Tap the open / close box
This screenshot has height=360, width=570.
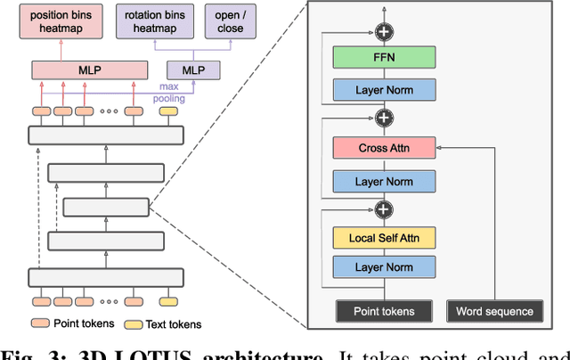(x=224, y=21)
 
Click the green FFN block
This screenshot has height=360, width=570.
(x=384, y=58)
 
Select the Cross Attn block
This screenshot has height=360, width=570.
(x=384, y=148)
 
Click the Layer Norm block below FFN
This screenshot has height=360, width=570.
(x=384, y=89)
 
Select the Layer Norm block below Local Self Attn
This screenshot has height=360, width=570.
(x=384, y=267)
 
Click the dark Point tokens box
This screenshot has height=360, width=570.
(x=384, y=310)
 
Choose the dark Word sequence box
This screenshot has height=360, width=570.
(x=494, y=310)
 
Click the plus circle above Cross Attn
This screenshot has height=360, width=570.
(x=384, y=118)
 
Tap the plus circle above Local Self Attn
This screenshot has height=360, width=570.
(x=384, y=209)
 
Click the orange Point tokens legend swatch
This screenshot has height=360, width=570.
(x=40, y=323)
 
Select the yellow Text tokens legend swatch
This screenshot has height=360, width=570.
(x=134, y=323)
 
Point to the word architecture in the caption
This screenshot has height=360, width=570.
(x=267, y=354)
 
